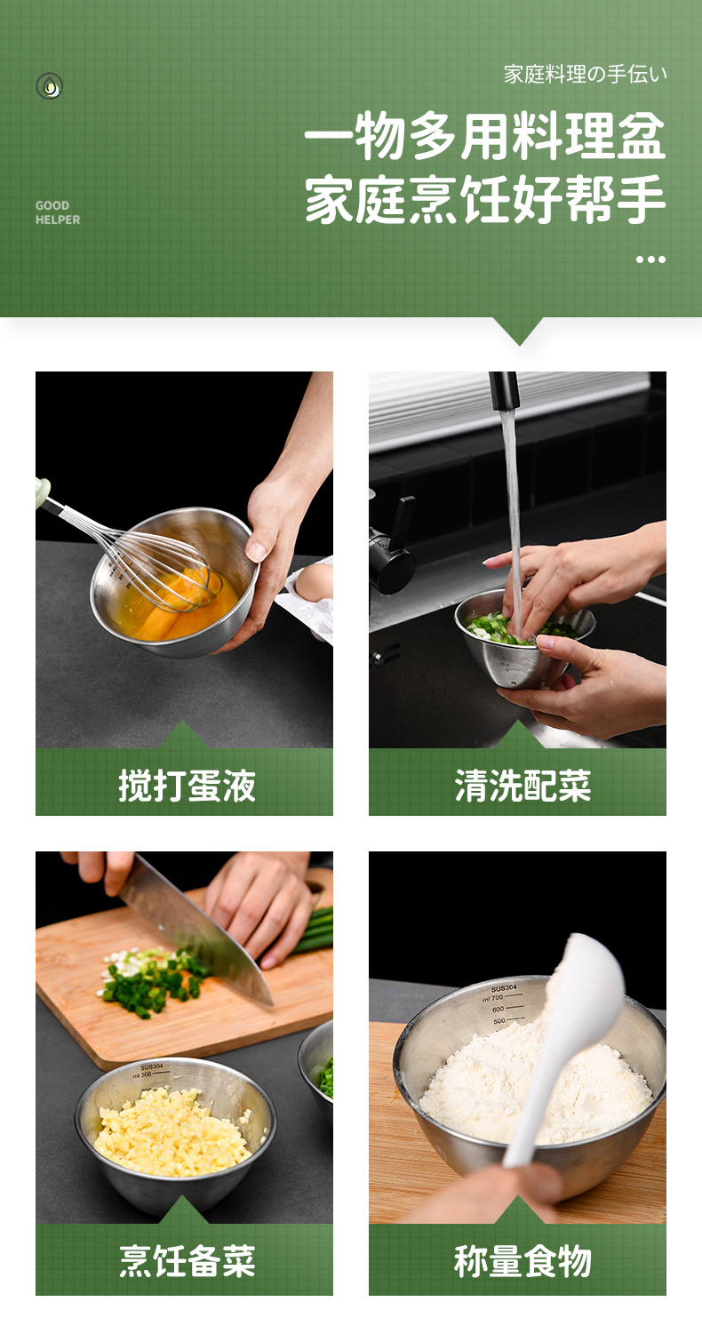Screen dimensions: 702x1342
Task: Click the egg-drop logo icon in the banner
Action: (49, 85)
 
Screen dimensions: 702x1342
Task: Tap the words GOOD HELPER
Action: (58, 212)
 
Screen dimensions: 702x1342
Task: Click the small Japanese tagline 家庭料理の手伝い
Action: (585, 75)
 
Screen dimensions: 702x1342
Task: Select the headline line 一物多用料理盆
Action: (485, 136)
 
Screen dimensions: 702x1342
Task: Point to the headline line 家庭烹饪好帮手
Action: (485, 199)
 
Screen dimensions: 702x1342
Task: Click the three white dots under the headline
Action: (650, 260)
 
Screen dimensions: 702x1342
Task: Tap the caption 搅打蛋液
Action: (187, 786)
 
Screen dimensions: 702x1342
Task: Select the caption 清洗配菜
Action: (523, 786)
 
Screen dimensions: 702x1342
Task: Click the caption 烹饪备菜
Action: (187, 1261)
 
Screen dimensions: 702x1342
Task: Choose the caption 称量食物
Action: (523, 1261)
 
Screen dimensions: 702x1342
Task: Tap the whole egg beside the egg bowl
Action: (315, 582)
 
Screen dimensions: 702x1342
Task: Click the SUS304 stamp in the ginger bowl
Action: (152, 1067)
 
